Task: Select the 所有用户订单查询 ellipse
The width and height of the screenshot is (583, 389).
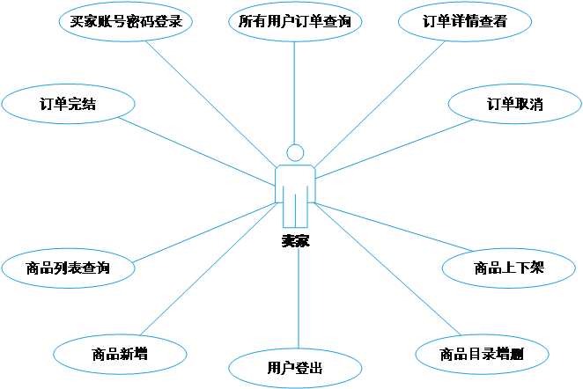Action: coord(294,22)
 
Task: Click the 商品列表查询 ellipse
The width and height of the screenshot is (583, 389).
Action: coord(68,268)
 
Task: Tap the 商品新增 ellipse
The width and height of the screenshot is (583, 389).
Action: coord(120,355)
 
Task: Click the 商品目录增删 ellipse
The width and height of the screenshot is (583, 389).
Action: coord(482,355)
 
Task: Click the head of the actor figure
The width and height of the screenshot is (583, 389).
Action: coord(295,152)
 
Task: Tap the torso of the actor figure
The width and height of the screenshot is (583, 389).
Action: coord(295,180)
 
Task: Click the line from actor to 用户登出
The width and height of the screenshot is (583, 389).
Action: coord(299,299)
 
